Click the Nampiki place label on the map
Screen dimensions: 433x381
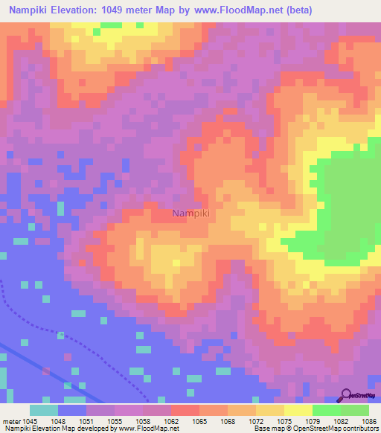point(190,214)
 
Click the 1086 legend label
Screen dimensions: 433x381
point(369,421)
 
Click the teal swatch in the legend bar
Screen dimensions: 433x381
point(44,410)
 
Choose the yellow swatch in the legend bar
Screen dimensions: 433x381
point(298,410)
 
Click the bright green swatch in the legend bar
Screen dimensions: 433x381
point(326,410)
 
